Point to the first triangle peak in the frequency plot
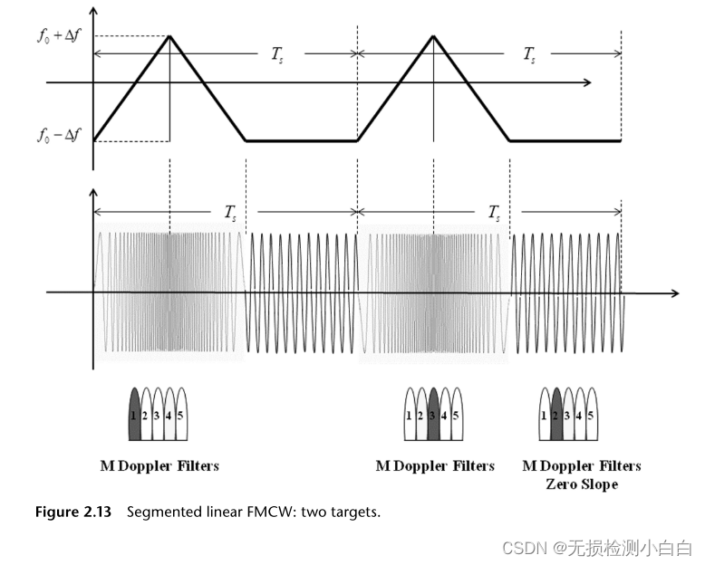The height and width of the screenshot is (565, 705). [169, 35]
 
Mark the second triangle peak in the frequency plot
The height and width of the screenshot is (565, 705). [434, 35]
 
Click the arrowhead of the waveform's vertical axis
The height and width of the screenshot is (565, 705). [92, 192]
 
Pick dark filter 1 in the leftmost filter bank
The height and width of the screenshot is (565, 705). [134, 415]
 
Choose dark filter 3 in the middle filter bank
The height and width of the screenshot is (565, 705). [433, 415]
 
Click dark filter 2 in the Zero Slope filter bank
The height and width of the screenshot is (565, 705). [556, 415]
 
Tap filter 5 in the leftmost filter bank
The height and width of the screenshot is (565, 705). [181, 415]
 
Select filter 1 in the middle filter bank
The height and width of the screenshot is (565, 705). [410, 415]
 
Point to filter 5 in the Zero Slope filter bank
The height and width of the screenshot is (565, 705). [592, 415]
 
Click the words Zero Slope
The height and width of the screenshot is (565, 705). [581, 484]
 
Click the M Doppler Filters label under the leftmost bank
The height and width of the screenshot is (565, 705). [159, 466]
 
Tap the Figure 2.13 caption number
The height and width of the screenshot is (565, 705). [72, 512]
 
